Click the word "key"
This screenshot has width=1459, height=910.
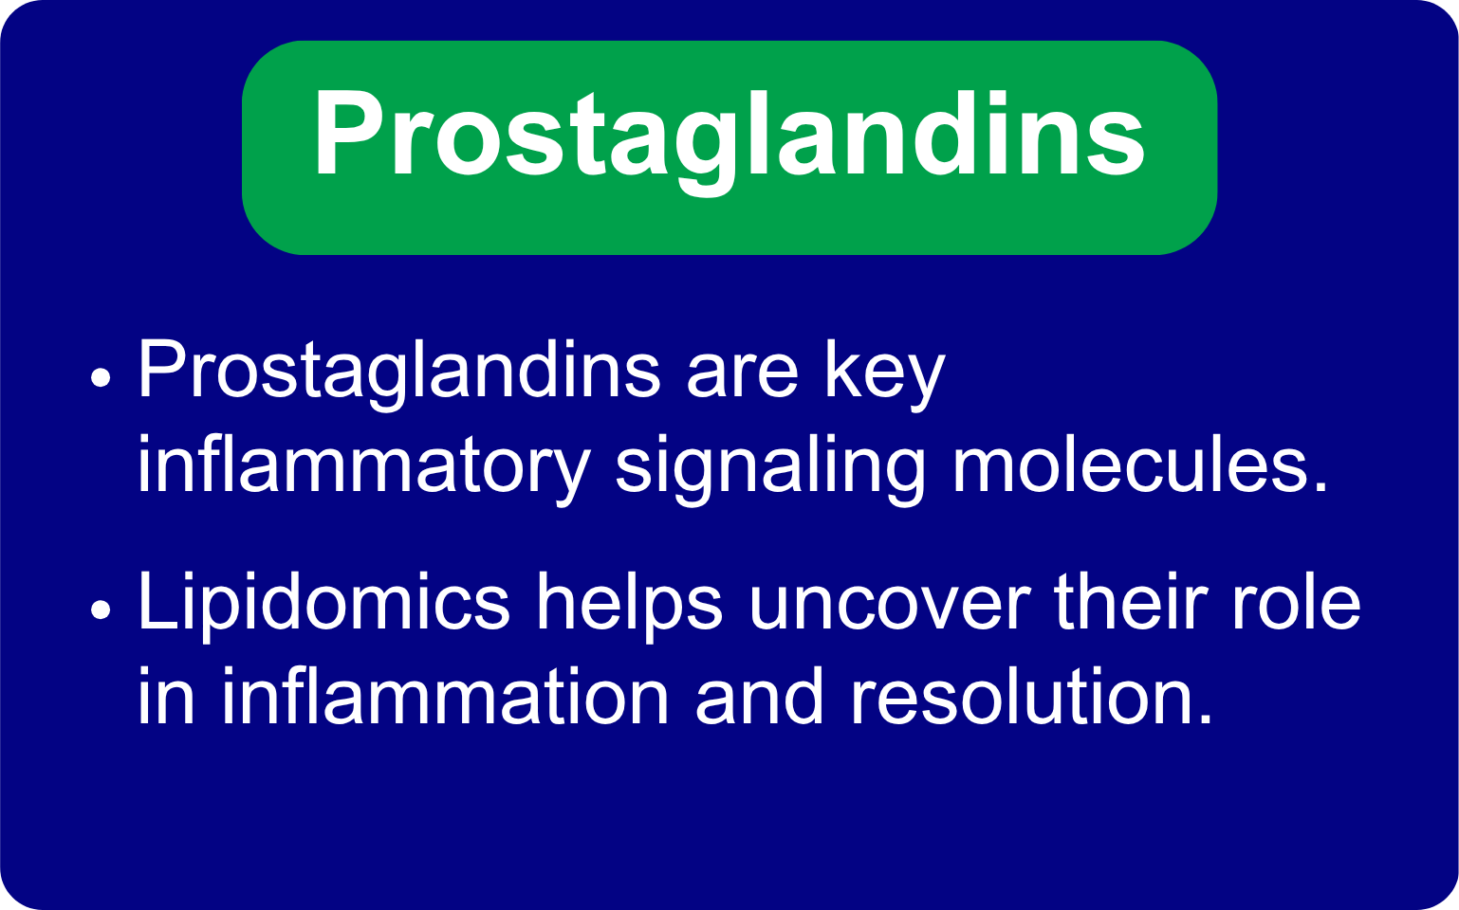point(885,375)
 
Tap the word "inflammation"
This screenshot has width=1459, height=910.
point(446,695)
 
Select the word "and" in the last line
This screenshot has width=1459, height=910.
point(760,695)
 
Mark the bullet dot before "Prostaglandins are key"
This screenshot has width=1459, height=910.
point(101,377)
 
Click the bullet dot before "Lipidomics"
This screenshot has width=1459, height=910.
point(101,610)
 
